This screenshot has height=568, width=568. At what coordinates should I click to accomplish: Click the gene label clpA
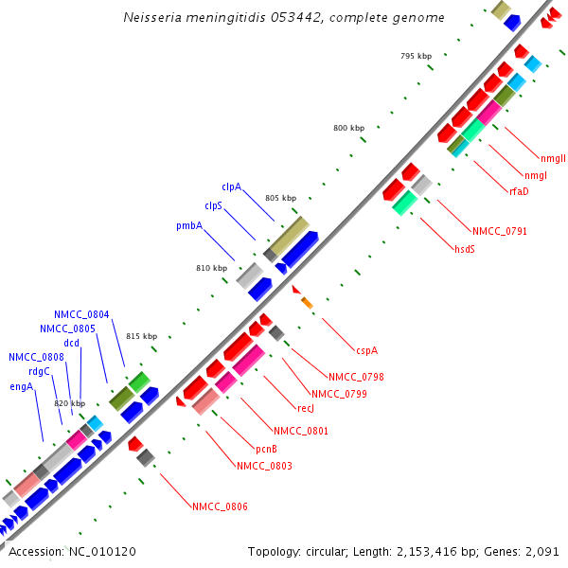(x=231, y=186)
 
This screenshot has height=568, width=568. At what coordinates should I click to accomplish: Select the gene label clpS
(x=213, y=205)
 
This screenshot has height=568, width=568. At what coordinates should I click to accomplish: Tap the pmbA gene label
(x=188, y=226)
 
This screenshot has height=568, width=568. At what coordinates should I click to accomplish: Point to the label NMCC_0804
(x=81, y=314)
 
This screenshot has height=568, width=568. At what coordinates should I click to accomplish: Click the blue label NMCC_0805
(x=67, y=328)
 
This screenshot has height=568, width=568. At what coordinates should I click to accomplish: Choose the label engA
(x=22, y=386)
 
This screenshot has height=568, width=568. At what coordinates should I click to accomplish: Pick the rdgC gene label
(x=39, y=371)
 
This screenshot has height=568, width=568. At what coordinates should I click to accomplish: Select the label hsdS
(x=465, y=249)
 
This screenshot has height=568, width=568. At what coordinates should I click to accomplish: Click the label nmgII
(x=553, y=158)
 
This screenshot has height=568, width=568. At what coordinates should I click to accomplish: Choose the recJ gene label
(x=306, y=409)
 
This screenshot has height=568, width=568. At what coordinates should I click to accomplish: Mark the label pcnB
(x=266, y=448)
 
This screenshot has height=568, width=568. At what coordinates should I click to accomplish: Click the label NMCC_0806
(x=221, y=507)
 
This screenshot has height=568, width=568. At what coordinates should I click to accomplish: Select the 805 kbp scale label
(x=280, y=198)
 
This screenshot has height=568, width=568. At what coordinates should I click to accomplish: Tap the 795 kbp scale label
(x=416, y=56)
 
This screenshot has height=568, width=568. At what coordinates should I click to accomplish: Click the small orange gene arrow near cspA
(x=307, y=302)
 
